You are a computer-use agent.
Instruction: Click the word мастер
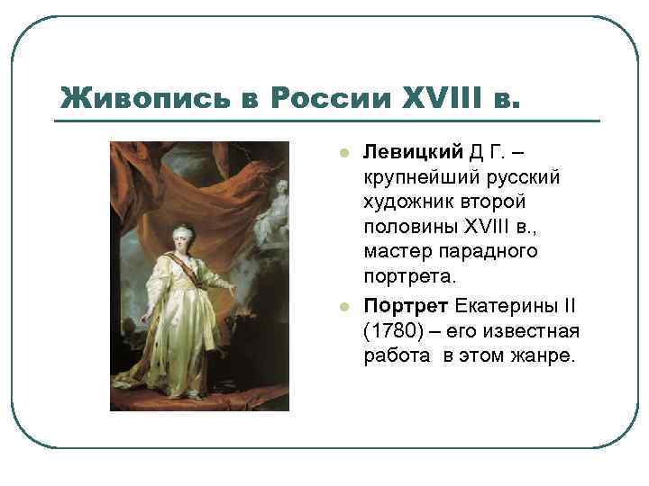click(x=396, y=251)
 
